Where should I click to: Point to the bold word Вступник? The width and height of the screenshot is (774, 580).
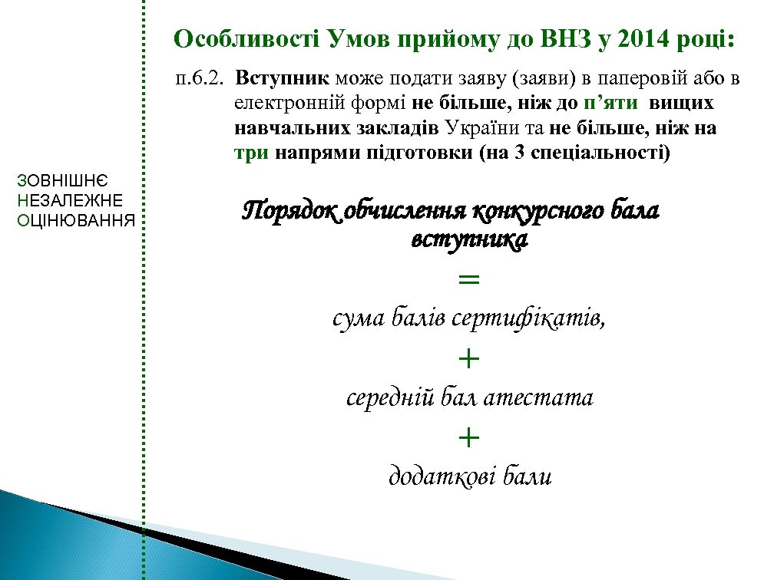tap(283, 79)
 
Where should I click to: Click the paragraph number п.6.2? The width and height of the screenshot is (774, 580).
tap(198, 79)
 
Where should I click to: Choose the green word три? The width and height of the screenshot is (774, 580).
tap(251, 153)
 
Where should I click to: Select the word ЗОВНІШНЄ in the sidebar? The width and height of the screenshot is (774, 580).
tap(64, 181)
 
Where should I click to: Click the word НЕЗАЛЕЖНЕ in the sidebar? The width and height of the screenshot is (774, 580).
tap(69, 201)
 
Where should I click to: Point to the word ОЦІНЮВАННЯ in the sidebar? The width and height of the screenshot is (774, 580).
tap(75, 221)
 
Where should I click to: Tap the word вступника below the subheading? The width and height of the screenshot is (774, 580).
tap(469, 240)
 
